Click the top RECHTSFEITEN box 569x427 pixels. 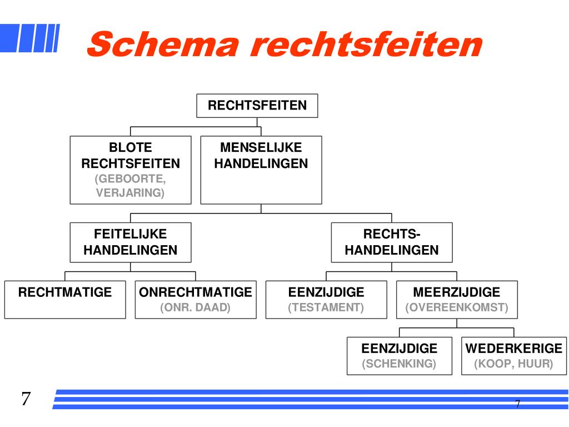tap(257, 106)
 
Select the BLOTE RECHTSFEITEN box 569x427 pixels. tap(131, 170)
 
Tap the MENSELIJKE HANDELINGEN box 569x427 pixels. tap(261, 170)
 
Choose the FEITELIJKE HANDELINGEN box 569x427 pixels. tap(131, 242)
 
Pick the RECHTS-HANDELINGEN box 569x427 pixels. tap(392, 242)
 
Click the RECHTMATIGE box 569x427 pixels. tap(65, 300)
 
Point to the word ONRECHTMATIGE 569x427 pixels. tap(196, 292)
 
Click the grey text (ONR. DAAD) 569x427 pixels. tap(196, 307)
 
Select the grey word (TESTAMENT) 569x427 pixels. tap(326, 307)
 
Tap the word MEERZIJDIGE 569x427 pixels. tap(457, 292)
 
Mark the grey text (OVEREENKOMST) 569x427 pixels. tap(457, 307)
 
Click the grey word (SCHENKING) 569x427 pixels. tap(400, 364)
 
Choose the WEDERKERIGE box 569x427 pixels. tap(514, 356)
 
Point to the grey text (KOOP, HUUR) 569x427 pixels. tap(514, 364)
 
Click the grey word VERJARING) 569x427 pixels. tap(131, 193)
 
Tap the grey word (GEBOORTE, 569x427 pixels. tap(131, 179)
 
